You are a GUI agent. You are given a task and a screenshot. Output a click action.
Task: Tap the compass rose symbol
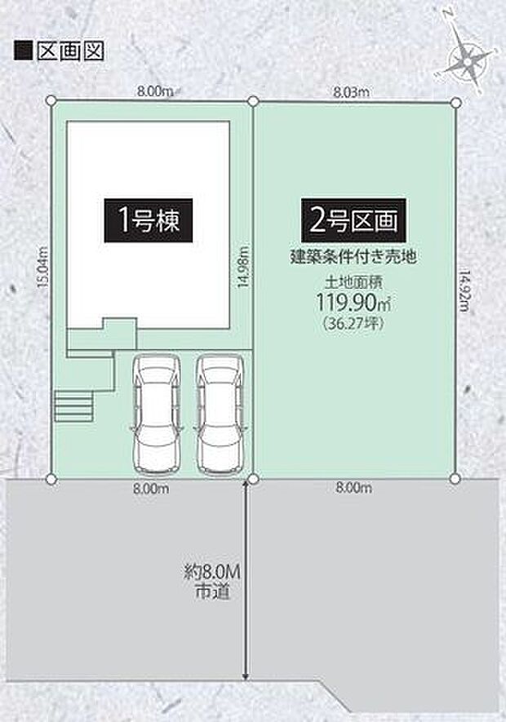(x=466, y=58)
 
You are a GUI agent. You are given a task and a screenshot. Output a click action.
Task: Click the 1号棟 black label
(x=149, y=220)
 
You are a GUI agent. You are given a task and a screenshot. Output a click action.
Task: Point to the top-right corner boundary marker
(x=455, y=101)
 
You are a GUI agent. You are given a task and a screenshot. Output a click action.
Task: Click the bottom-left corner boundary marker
(x=52, y=479)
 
